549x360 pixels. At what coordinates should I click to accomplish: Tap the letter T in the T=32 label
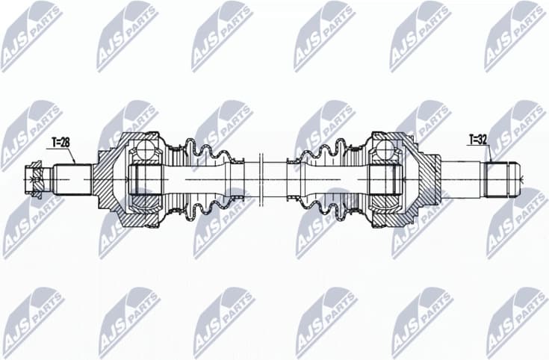point(472,138)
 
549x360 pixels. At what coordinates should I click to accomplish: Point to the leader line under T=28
point(71,155)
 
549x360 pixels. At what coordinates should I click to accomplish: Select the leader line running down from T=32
point(488,153)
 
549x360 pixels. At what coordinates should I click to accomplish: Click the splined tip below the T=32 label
point(501,179)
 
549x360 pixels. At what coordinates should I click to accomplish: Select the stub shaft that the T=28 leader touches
point(73,179)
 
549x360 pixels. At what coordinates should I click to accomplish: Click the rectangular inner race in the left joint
point(145,180)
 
